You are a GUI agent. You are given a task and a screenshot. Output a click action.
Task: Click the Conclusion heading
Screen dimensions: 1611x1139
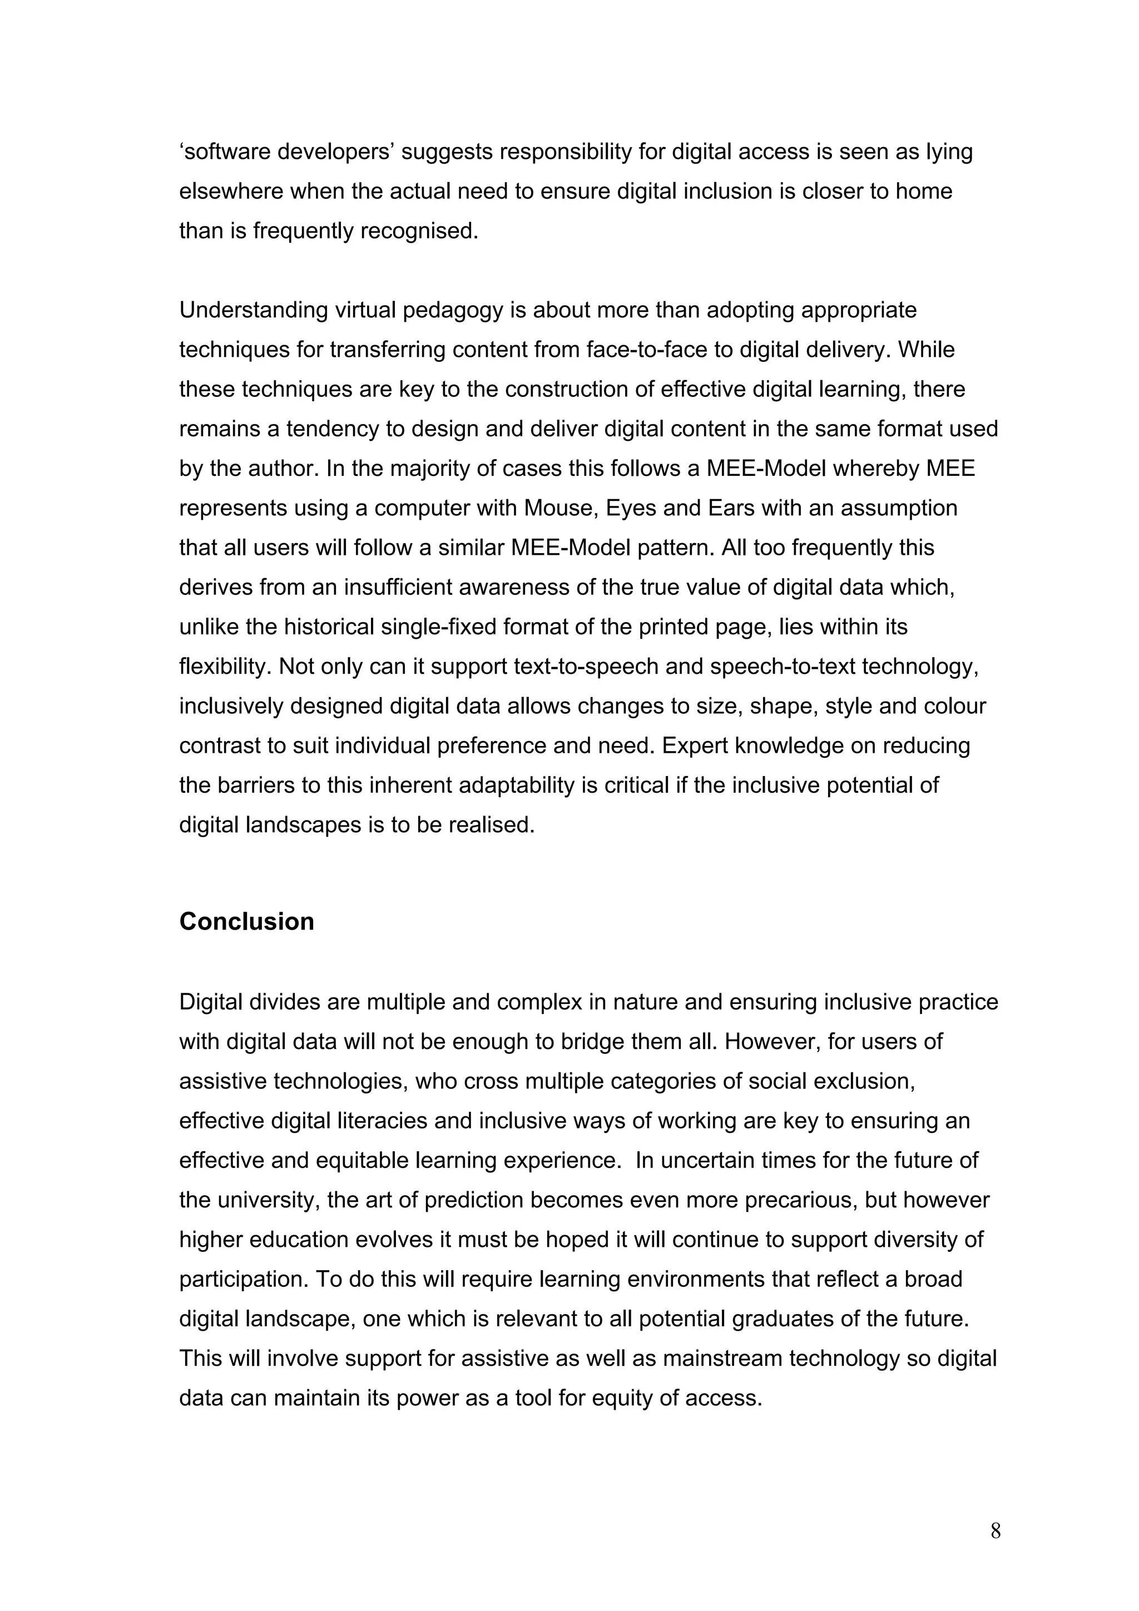click(246, 921)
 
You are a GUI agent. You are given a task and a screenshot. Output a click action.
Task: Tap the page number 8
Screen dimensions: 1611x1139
click(995, 1530)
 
